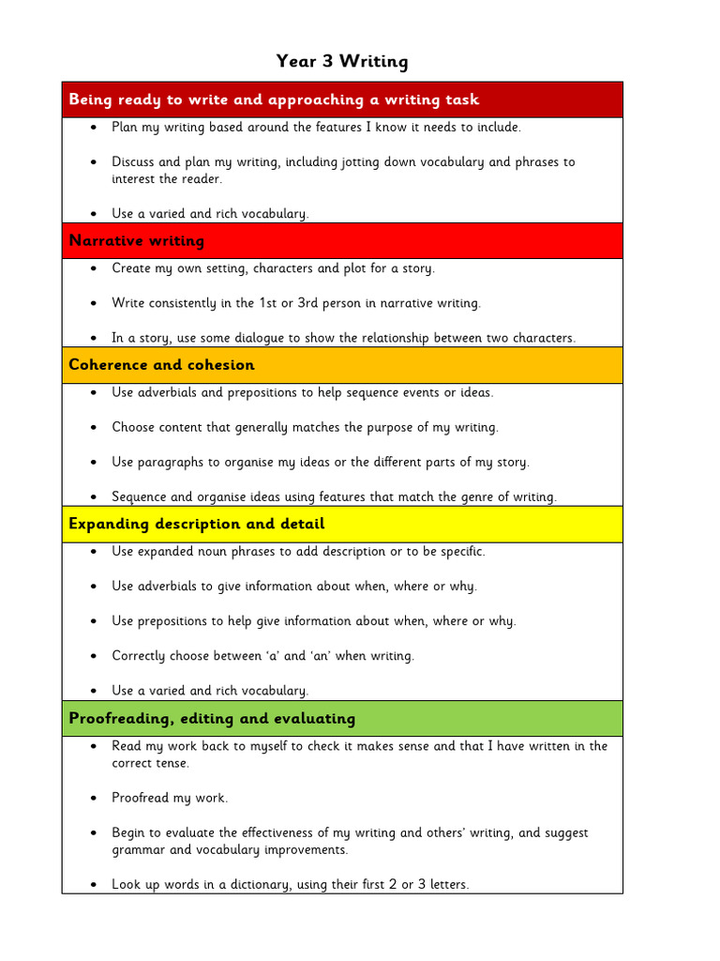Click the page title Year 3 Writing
coord(342,62)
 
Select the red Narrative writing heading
coord(137,241)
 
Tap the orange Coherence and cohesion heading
coord(161,365)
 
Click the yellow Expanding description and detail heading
coord(197,524)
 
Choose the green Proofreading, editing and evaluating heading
coord(212,719)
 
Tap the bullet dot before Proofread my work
coord(95,799)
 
